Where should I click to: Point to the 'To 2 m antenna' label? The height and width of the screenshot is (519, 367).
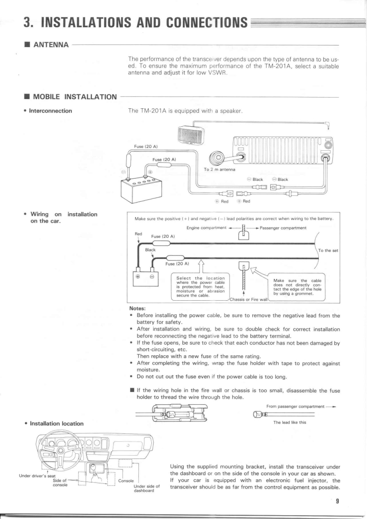click(219, 169)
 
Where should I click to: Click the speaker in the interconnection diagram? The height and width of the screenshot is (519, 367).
click(191, 136)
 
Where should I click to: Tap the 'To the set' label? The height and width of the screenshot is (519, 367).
click(328, 251)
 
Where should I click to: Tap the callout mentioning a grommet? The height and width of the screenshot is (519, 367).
click(296, 287)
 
